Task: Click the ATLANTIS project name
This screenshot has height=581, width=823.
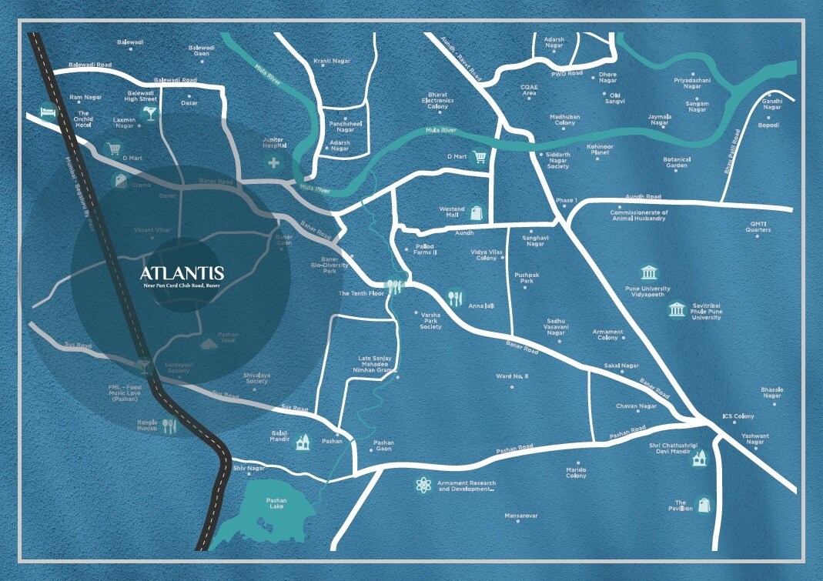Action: pyautogui.click(x=182, y=273)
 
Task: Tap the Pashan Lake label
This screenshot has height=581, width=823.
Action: pyautogui.click(x=276, y=504)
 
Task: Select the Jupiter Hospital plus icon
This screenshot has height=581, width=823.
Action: pyautogui.click(x=273, y=162)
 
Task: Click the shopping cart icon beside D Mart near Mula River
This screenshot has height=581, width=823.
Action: pyautogui.click(x=481, y=157)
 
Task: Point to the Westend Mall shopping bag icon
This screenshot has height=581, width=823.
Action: pyautogui.click(x=477, y=212)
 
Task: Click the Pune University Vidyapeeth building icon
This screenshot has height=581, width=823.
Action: pyautogui.click(x=649, y=273)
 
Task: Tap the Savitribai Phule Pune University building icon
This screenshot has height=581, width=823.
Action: pyautogui.click(x=677, y=310)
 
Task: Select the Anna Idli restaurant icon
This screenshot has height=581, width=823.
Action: pyautogui.click(x=456, y=297)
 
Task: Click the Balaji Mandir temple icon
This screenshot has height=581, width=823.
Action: pyautogui.click(x=303, y=441)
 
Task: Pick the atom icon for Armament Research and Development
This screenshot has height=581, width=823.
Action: pyautogui.click(x=423, y=486)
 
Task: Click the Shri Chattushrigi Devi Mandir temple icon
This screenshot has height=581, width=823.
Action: pyautogui.click(x=699, y=459)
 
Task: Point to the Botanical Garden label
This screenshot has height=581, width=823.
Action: pyautogui.click(x=677, y=162)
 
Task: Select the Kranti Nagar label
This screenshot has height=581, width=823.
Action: pyautogui.click(x=332, y=61)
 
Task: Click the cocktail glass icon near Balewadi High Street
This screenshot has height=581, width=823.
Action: pyautogui.click(x=148, y=114)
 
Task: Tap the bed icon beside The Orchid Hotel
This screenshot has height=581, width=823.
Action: pyautogui.click(x=48, y=112)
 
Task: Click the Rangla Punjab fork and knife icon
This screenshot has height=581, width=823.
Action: pyautogui.click(x=169, y=426)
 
